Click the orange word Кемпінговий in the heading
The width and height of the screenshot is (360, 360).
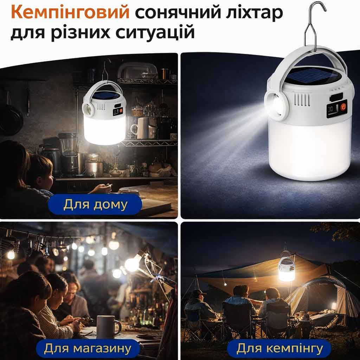click(70, 12)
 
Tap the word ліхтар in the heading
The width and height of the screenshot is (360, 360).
click(254, 12)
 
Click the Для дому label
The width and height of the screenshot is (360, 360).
click(95, 205)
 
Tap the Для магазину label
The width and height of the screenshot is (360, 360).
click(88, 348)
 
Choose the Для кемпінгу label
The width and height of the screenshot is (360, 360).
click(279, 348)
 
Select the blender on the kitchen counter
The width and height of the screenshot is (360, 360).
click(68, 153)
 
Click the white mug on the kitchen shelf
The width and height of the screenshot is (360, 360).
click(140, 129)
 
